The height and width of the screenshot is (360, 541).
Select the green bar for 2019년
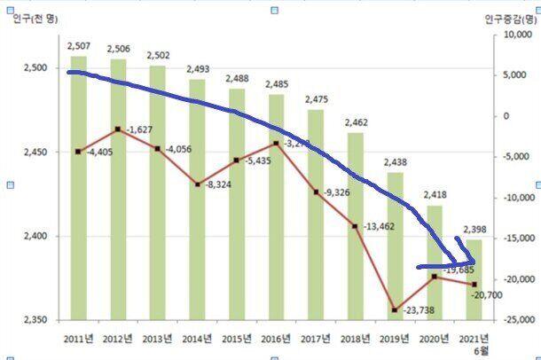point(395,257)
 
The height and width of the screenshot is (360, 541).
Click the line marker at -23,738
point(395,310)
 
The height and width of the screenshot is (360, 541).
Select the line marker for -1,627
point(118,129)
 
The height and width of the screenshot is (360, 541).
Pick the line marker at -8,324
point(197,184)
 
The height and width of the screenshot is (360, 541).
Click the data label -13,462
point(380,227)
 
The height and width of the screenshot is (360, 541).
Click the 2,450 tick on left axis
point(32,152)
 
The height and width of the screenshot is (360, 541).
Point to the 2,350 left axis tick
point(32,319)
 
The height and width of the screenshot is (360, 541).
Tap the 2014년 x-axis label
point(197,338)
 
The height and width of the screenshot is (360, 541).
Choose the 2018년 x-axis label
point(355,338)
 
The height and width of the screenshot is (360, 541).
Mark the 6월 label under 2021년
point(474,350)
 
